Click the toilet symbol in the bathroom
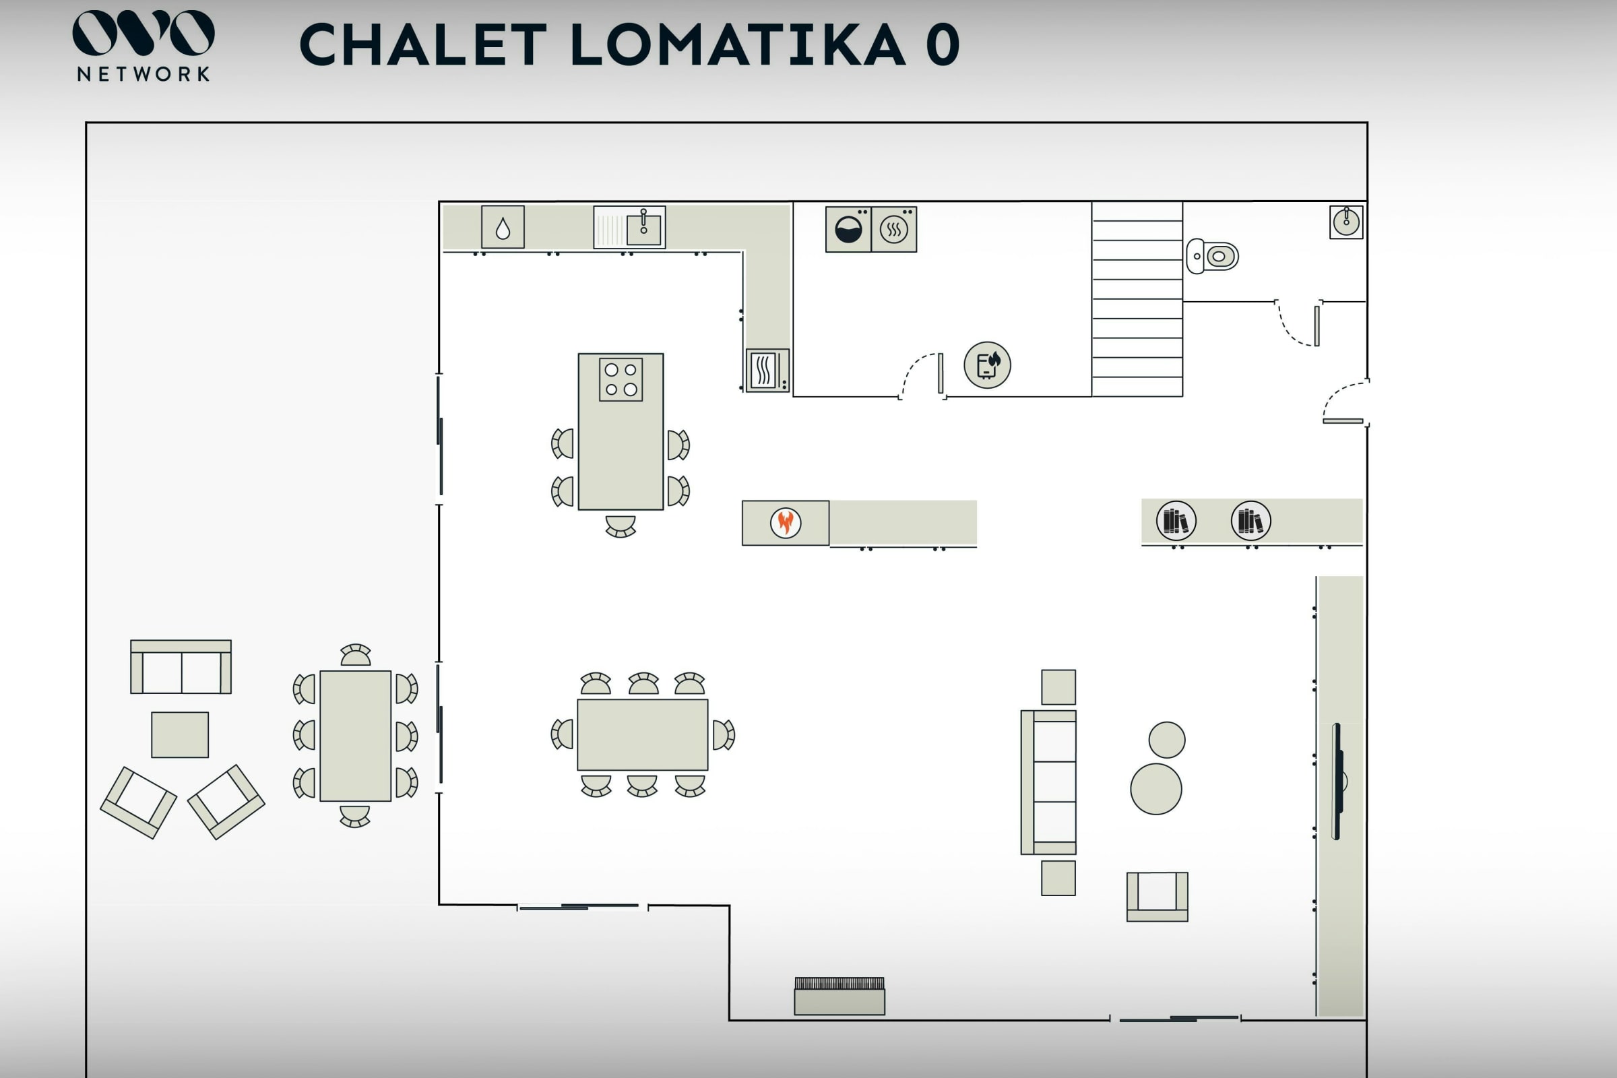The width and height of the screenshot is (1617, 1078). pyautogui.click(x=1213, y=257)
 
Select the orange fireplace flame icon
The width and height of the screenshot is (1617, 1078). pyautogui.click(x=785, y=523)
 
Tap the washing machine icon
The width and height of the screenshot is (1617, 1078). pyautogui.click(x=848, y=230)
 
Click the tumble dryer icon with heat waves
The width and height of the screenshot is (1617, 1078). pyautogui.click(x=894, y=230)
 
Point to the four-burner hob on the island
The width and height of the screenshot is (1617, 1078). pyautogui.click(x=621, y=379)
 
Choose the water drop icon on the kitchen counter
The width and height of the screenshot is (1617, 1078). pyautogui.click(x=503, y=228)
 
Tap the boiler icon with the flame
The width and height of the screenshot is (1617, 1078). pyautogui.click(x=987, y=365)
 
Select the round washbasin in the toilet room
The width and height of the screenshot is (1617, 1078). pyautogui.click(x=1346, y=222)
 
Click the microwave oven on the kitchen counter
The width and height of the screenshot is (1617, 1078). pyautogui.click(x=767, y=371)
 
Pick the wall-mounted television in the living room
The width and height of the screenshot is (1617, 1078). pyautogui.click(x=1338, y=781)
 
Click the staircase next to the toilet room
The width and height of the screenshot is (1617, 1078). pyautogui.click(x=1137, y=299)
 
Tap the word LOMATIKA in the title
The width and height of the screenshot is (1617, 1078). pyautogui.click(x=737, y=44)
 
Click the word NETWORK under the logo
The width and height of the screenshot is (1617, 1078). pyautogui.click(x=143, y=74)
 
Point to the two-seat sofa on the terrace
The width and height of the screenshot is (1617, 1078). pyautogui.click(x=181, y=668)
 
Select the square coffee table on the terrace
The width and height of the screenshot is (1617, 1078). pyautogui.click(x=180, y=735)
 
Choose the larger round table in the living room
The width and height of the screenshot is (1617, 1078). pyautogui.click(x=1155, y=789)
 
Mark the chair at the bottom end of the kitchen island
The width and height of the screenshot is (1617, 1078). pyautogui.click(x=620, y=526)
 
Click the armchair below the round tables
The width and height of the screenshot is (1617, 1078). pyautogui.click(x=1157, y=896)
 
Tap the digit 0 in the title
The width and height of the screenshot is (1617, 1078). pyautogui.click(x=942, y=44)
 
